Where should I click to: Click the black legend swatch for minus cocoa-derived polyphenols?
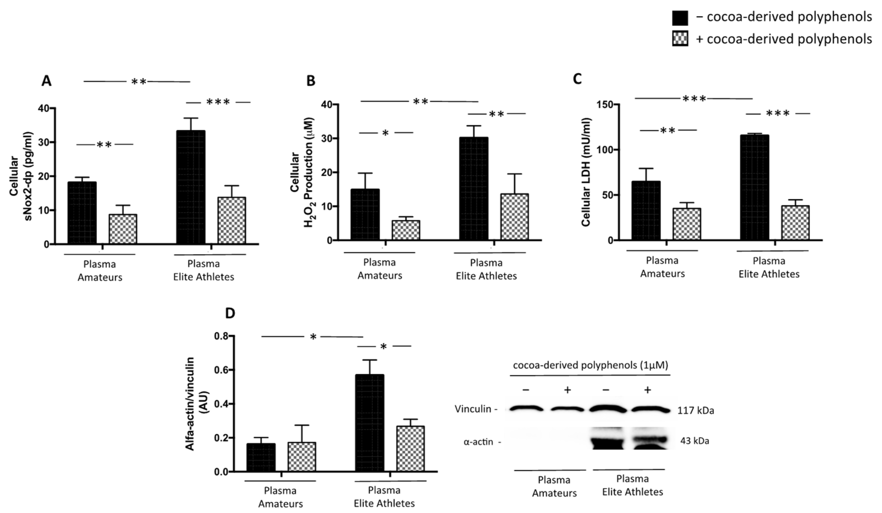coord(680,18)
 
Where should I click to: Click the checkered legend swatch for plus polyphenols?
coord(680,38)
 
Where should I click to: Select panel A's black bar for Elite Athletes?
coord(191,187)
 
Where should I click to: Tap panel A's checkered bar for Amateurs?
coord(123,229)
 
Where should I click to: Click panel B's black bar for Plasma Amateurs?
coord(365,215)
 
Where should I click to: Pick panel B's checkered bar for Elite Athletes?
coord(514,217)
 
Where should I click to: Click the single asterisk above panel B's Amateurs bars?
coord(385,133)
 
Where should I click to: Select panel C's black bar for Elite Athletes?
coord(754,187)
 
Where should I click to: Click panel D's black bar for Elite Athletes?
coord(370,423)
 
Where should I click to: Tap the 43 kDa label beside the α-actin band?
coord(694,441)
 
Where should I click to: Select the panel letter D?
coord(230,313)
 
